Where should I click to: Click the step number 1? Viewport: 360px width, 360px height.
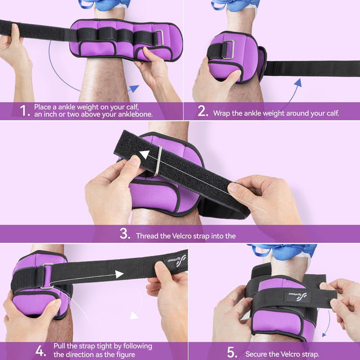tap(24, 110)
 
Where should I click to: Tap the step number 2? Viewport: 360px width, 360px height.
tap(203, 111)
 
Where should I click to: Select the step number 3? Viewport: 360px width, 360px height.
tap(125, 234)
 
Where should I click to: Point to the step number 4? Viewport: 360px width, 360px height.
tap(41, 351)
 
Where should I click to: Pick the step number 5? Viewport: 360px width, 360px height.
tap(232, 352)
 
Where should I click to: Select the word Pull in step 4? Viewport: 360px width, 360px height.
tap(60, 346)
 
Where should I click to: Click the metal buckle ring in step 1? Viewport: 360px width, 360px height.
tap(159, 38)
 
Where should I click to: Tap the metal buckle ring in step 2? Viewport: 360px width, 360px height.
tap(228, 49)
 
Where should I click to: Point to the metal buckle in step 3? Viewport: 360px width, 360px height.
tap(158, 161)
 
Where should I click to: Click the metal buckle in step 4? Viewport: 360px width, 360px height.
tap(47, 276)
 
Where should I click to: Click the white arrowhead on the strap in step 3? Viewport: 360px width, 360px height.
tap(145, 154)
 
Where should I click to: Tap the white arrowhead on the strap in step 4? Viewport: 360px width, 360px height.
tap(119, 274)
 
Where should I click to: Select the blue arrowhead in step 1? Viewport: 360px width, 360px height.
tap(134, 88)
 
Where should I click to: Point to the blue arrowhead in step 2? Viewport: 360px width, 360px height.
tap(298, 82)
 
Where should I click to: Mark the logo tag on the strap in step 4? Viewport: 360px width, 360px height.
tap(175, 261)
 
